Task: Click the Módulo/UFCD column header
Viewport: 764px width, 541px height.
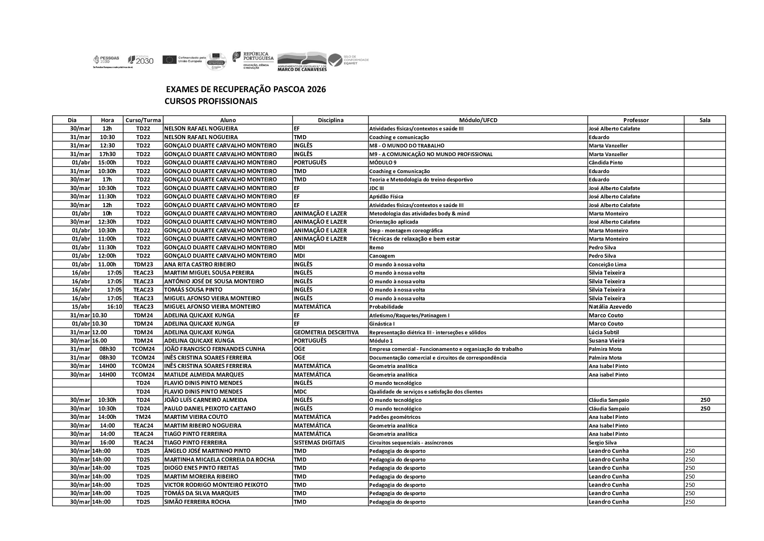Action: tap(478, 120)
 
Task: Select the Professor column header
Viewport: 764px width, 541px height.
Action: tap(635, 120)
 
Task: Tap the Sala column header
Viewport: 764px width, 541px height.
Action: tap(704, 120)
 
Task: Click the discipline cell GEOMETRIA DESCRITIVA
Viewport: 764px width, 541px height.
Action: tap(326, 332)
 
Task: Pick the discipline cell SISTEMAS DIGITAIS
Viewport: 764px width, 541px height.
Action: tap(319, 442)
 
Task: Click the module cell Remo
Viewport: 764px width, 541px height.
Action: tap(376, 248)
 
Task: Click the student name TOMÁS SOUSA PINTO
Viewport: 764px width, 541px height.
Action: tap(193, 289)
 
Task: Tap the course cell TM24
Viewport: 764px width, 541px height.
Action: tap(143, 417)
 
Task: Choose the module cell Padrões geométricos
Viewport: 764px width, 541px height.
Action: tap(395, 417)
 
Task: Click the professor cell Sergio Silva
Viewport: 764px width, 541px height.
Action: tap(603, 442)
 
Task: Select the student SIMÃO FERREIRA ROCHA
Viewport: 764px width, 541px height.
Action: tap(197, 502)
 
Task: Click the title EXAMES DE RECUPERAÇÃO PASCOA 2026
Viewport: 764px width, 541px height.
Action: tap(246, 89)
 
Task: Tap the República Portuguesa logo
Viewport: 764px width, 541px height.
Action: tap(253, 60)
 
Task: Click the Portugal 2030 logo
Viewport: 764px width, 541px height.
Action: tap(141, 60)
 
